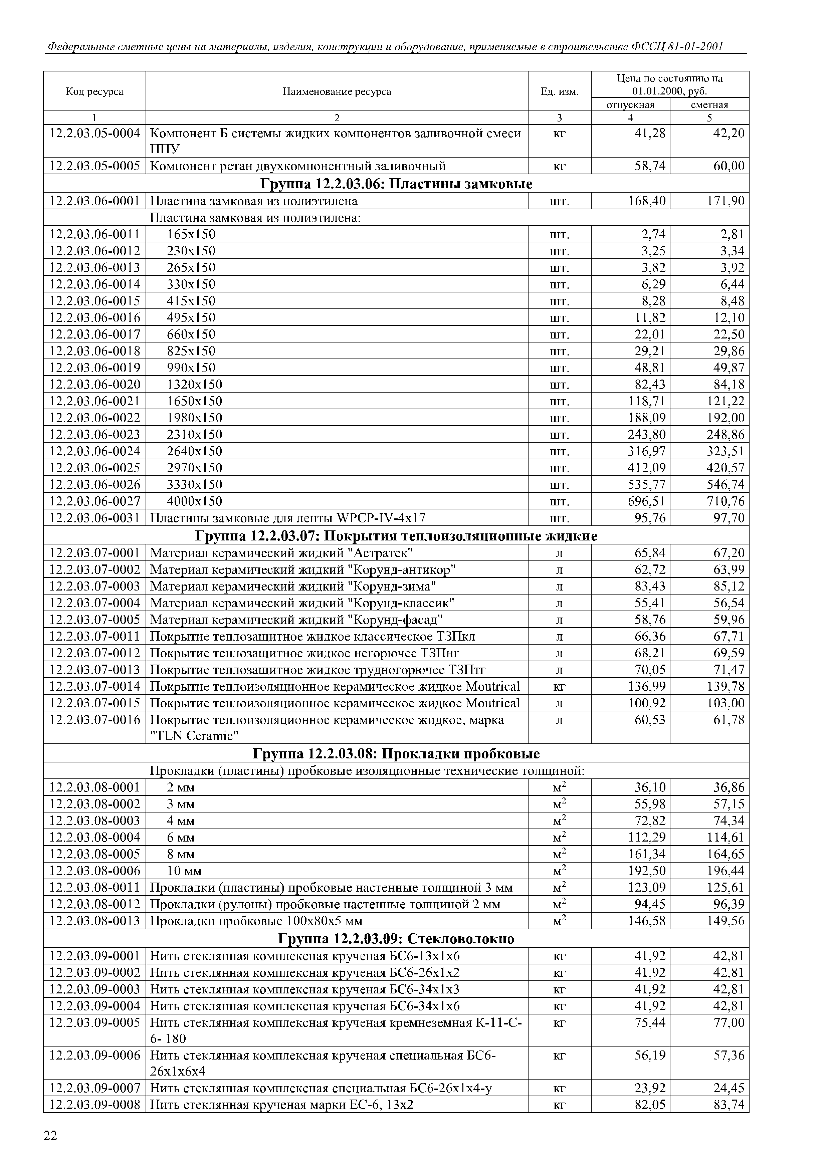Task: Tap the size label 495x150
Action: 191,318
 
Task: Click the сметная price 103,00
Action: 726,703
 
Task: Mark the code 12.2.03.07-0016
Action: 94,720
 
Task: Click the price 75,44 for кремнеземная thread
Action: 650,1022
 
